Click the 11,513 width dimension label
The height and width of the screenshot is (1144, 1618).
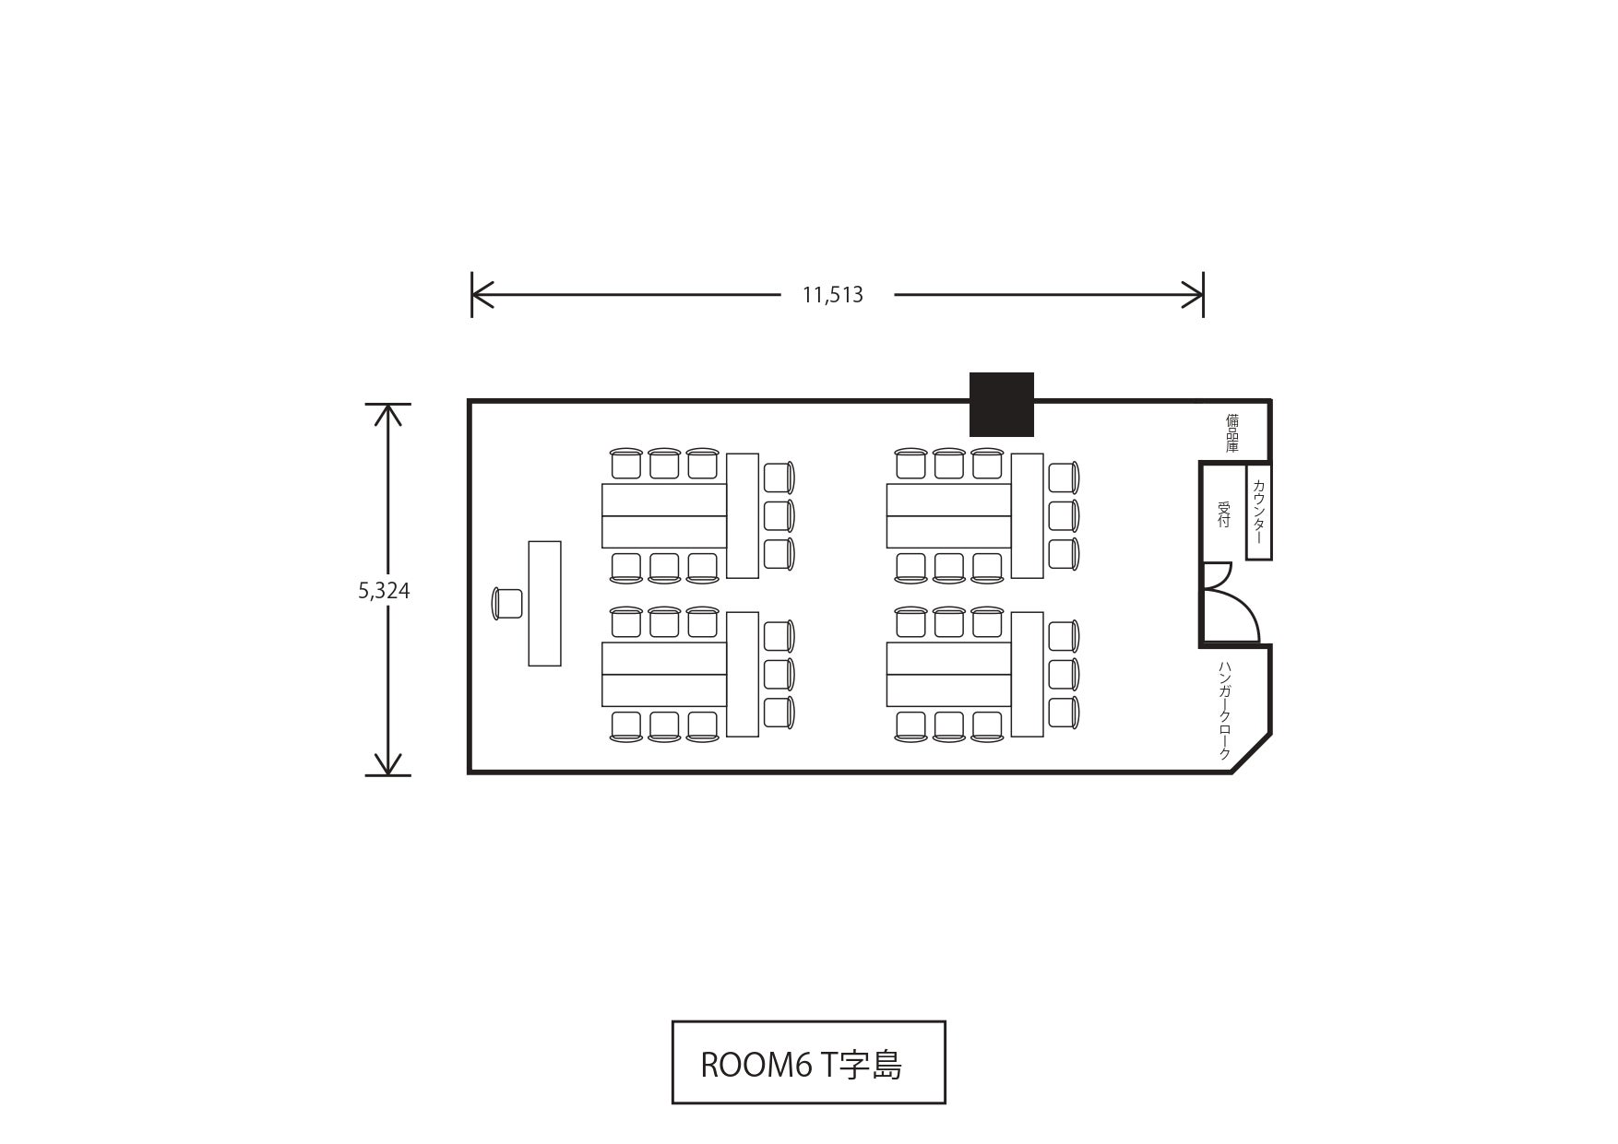coord(832,295)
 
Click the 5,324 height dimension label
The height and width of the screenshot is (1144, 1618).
coord(384,591)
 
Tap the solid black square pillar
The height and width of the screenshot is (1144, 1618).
coord(1002,405)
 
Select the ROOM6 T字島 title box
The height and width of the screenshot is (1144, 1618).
coord(808,1062)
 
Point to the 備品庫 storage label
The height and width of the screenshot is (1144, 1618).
coord(1232,432)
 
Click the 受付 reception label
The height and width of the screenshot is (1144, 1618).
coord(1224,514)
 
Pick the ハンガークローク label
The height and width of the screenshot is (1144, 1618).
coord(1225,710)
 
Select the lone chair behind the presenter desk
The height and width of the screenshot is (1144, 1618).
coord(507,603)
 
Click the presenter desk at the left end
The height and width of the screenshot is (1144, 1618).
coord(544,603)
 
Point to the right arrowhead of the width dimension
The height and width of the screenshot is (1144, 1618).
coord(1194,295)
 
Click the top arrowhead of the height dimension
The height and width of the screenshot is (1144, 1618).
coord(388,415)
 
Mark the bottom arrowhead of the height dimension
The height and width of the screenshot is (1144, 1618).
coord(388,764)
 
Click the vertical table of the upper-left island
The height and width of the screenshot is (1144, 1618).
coord(743,516)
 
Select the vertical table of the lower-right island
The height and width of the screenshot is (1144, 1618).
coord(1028,675)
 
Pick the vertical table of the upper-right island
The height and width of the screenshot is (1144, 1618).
coord(1028,516)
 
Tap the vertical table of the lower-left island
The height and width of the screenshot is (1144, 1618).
coord(743,675)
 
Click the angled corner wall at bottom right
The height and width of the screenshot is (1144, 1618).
coord(1252,753)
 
